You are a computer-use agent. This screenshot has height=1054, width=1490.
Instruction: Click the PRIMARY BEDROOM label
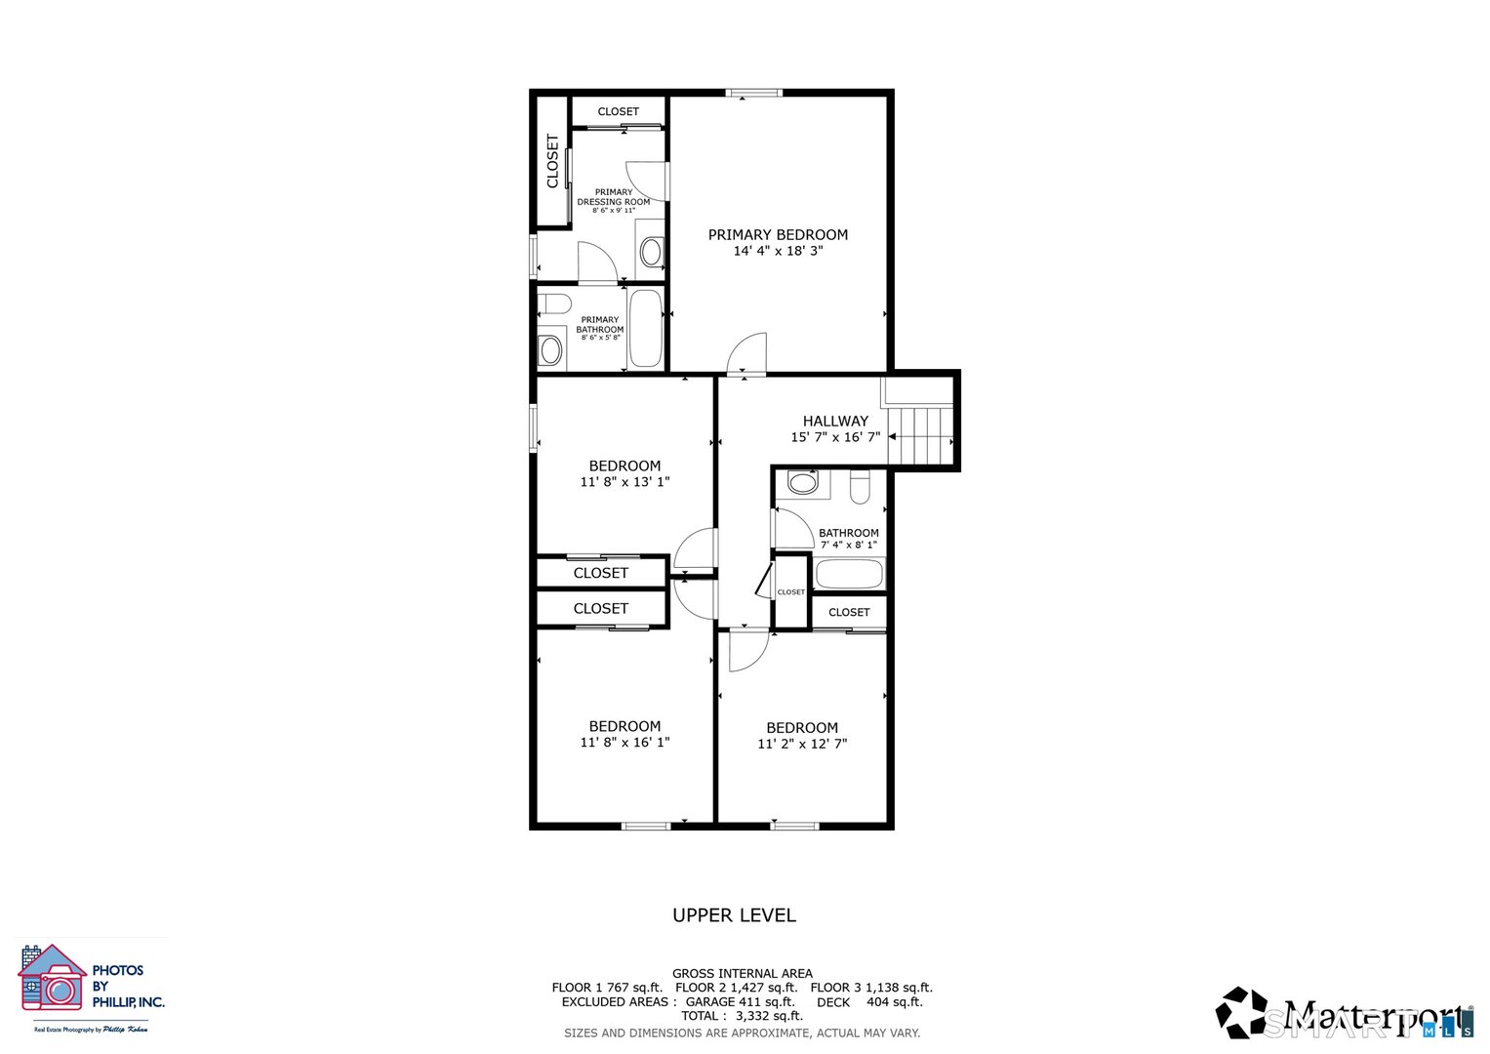click(x=778, y=234)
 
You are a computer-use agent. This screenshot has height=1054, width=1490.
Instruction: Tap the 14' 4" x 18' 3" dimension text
click(x=778, y=251)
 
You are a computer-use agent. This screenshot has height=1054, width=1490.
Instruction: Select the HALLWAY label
click(x=835, y=421)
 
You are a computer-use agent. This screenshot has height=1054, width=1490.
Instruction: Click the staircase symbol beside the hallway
click(x=920, y=435)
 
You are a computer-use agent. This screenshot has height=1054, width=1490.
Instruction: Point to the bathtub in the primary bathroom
click(x=645, y=329)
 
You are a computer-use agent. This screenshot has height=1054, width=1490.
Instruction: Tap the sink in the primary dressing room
click(x=651, y=251)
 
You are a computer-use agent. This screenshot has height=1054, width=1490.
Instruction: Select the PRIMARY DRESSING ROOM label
click(x=613, y=197)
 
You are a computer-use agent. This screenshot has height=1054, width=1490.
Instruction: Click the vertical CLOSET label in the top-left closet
click(x=552, y=161)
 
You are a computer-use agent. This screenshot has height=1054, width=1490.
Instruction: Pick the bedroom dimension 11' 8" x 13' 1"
click(x=624, y=482)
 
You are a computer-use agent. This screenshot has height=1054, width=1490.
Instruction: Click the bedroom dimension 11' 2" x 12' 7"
click(x=802, y=744)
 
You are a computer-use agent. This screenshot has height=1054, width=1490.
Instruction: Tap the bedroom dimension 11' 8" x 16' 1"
click(x=624, y=743)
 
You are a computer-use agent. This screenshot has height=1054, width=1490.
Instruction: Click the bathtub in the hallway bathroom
click(x=849, y=573)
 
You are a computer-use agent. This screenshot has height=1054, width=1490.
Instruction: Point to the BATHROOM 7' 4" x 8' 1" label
click(x=848, y=539)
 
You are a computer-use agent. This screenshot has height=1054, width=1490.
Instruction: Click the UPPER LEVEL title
click(x=734, y=915)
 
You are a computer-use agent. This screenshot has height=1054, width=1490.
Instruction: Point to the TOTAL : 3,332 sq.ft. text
click(x=742, y=1016)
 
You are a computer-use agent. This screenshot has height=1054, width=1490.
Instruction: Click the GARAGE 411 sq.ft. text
click(x=740, y=1002)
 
